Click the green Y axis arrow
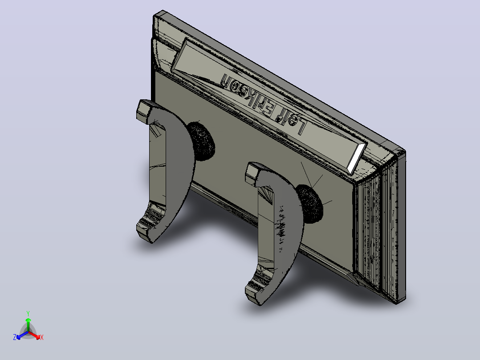(28, 325)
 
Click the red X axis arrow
(34, 335)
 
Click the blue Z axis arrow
(22, 335)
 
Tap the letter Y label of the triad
(28, 313)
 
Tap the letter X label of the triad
(42, 337)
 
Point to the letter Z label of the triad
(15, 337)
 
